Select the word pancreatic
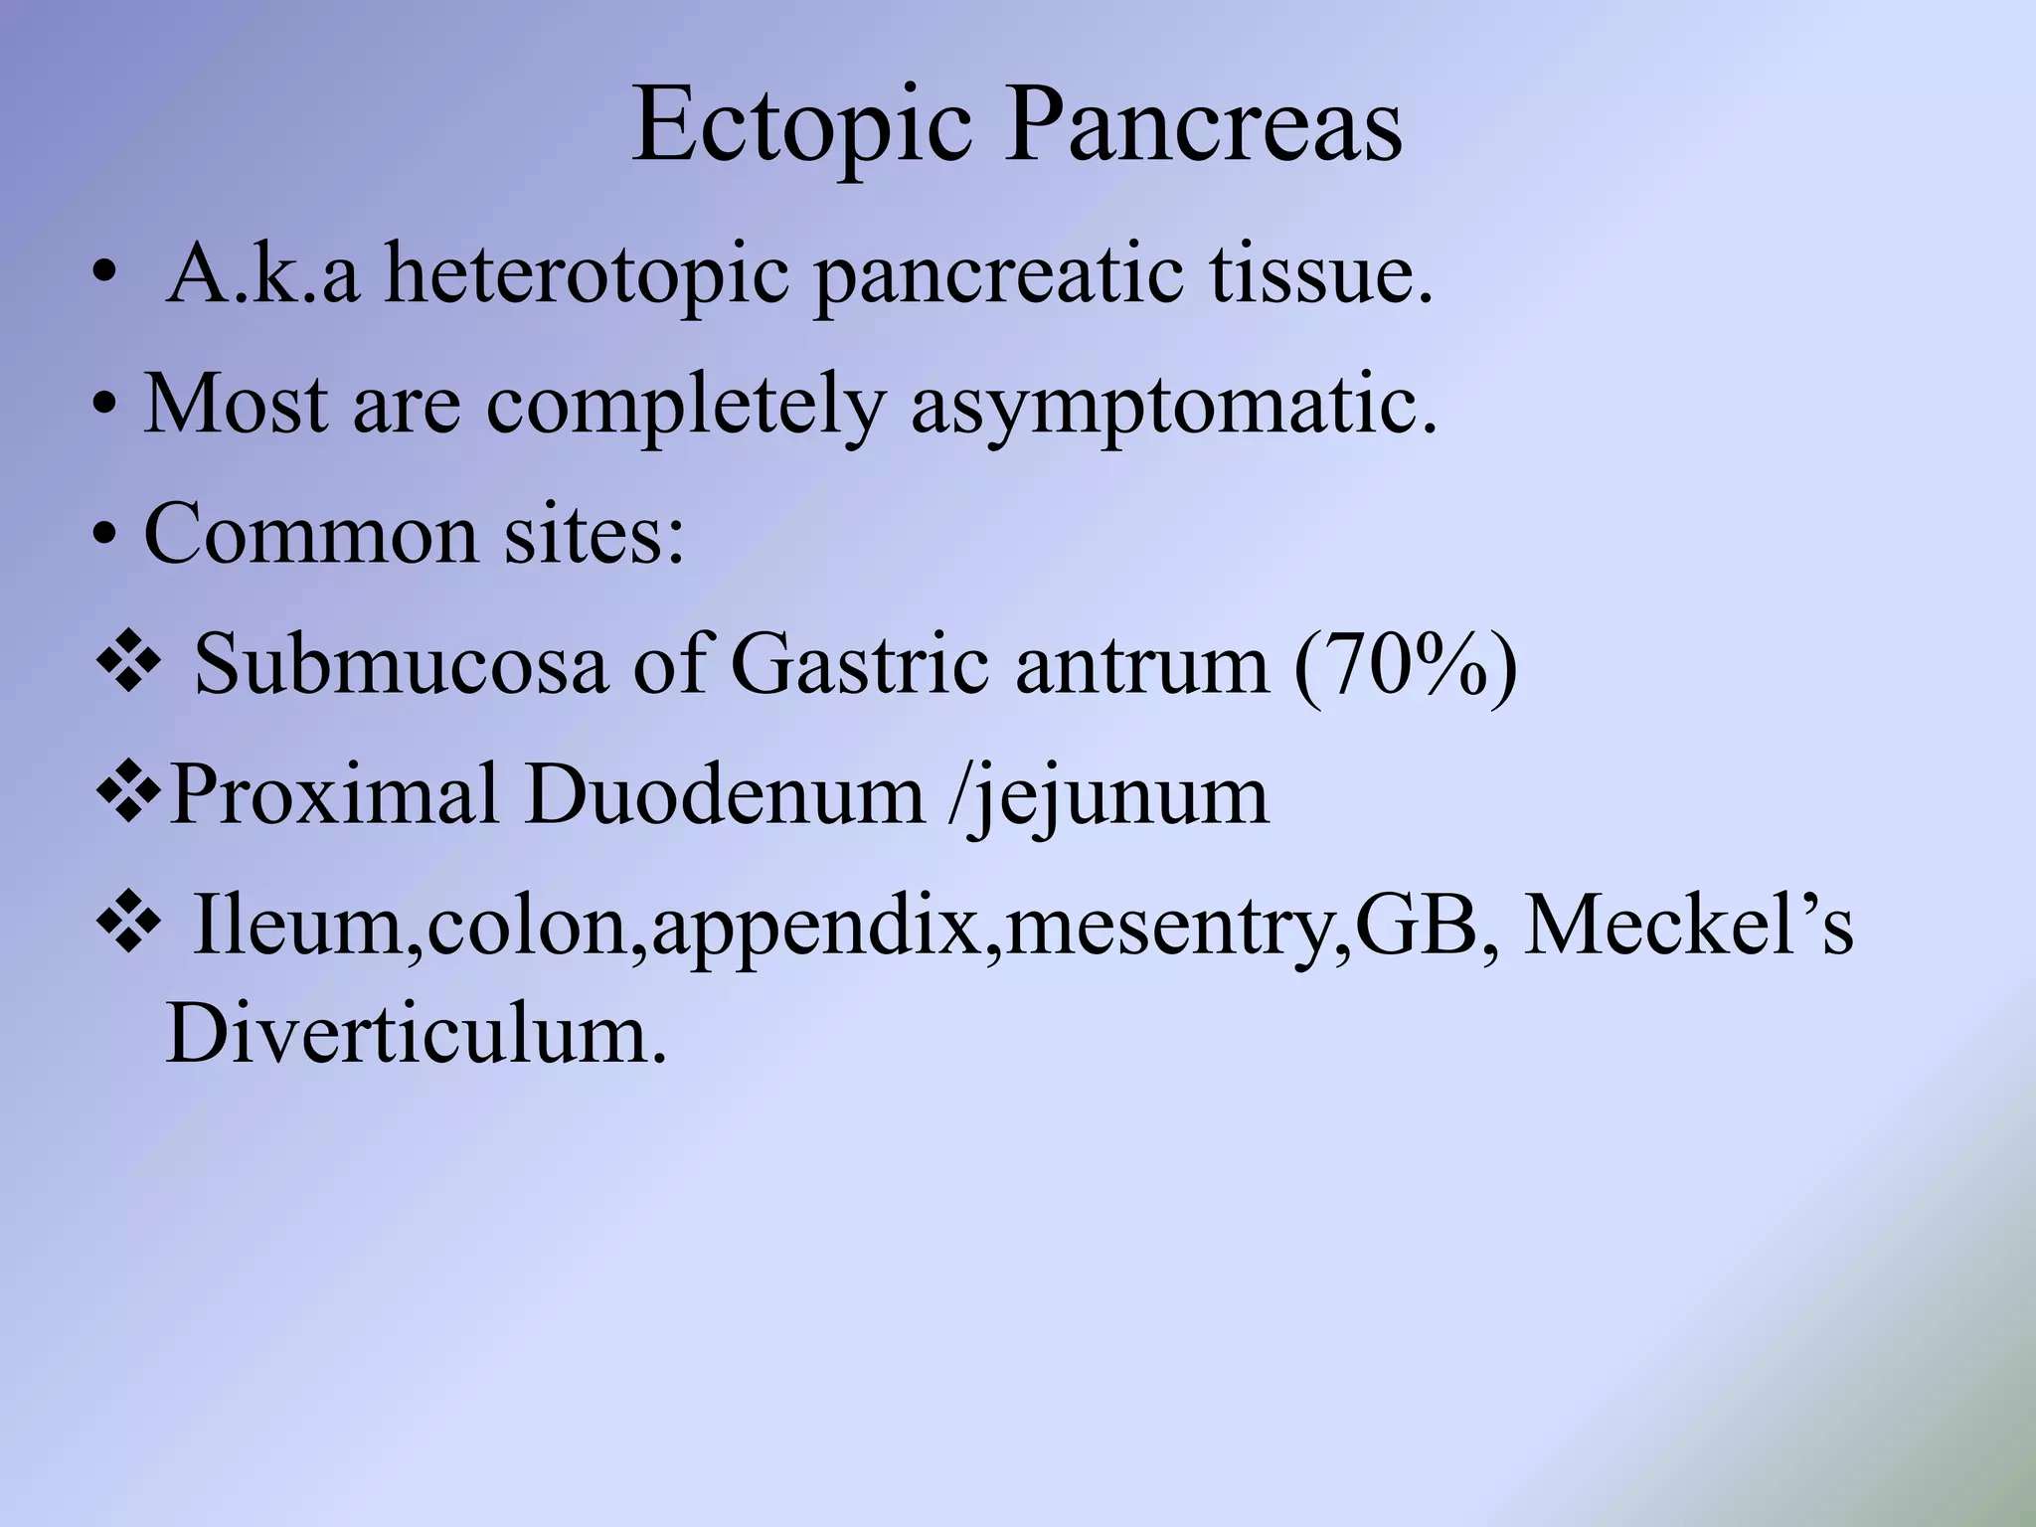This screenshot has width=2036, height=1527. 999,275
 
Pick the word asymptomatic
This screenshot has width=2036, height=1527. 1174,406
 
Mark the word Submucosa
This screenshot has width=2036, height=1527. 401,664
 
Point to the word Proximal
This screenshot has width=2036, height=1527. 334,794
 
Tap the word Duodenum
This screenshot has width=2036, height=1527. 724,794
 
